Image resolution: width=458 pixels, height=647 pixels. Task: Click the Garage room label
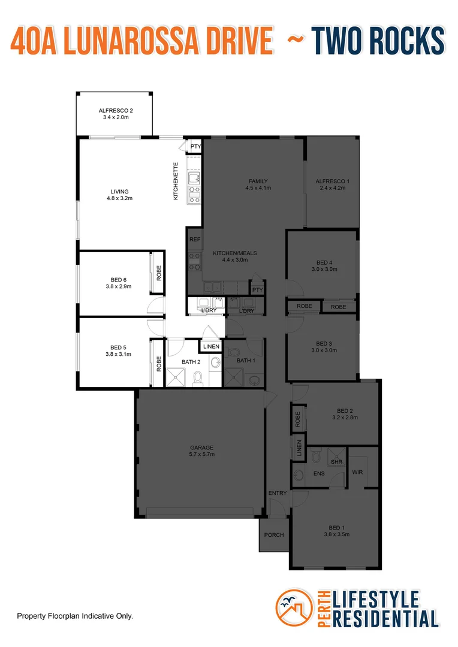click(x=202, y=448)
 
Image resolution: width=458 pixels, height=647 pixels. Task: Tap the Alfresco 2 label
click(x=116, y=111)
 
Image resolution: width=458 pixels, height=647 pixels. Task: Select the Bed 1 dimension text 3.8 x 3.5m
click(x=336, y=534)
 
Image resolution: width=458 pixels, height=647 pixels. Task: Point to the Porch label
click(x=274, y=535)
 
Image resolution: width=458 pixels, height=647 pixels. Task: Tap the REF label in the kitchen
click(x=194, y=239)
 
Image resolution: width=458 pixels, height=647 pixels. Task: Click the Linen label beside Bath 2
click(x=211, y=347)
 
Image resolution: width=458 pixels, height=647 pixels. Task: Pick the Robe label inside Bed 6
click(x=158, y=273)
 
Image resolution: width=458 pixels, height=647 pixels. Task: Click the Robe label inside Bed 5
click(x=158, y=364)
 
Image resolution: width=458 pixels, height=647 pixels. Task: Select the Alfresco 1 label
click(x=333, y=181)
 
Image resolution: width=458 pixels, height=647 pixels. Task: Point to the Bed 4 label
click(x=324, y=262)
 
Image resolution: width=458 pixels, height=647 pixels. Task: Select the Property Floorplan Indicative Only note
click(x=74, y=616)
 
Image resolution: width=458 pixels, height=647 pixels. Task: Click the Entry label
click(x=278, y=493)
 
